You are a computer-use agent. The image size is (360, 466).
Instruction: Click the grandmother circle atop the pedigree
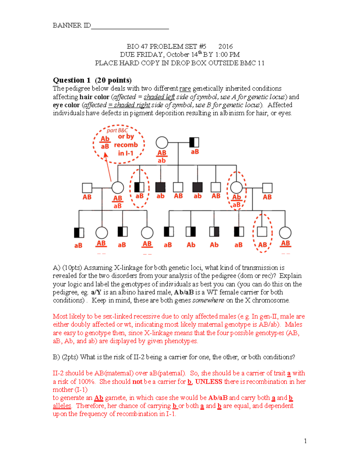pyautogui.click(x=162, y=143)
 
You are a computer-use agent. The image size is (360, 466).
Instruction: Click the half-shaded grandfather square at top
pyautogui.click(x=194, y=142)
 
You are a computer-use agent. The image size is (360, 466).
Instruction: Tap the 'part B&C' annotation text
pyautogui.click(x=117, y=130)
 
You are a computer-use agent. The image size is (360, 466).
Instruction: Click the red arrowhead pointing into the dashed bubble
pyautogui.click(x=105, y=155)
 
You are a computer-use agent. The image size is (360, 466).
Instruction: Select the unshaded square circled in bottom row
pyautogui.click(x=262, y=232)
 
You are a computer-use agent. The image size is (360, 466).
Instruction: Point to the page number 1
pyautogui.click(x=305, y=441)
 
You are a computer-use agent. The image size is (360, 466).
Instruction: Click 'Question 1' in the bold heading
pyautogui.click(x=71, y=80)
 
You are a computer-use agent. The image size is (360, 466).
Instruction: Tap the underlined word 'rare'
pyautogui.click(x=185, y=89)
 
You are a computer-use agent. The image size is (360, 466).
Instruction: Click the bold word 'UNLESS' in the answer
pyautogui.click(x=209, y=382)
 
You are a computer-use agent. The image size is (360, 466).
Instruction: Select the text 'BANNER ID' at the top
pyautogui.click(x=72, y=25)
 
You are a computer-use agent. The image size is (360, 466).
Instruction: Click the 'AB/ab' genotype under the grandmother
pyautogui.click(x=162, y=157)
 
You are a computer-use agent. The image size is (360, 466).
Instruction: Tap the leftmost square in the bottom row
pyautogui.click(x=79, y=233)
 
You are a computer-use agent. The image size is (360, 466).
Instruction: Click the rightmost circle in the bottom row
pyautogui.click(x=285, y=233)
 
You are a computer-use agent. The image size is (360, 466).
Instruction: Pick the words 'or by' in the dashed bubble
pyautogui.click(x=126, y=137)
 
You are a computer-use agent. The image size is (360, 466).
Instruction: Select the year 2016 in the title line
pyautogui.click(x=225, y=47)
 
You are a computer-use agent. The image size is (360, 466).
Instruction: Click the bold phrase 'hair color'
pyautogui.click(x=94, y=97)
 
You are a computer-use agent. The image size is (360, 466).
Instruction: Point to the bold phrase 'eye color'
pyautogui.click(x=66, y=105)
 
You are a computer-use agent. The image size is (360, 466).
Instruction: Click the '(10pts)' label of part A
pyautogui.click(x=72, y=268)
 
